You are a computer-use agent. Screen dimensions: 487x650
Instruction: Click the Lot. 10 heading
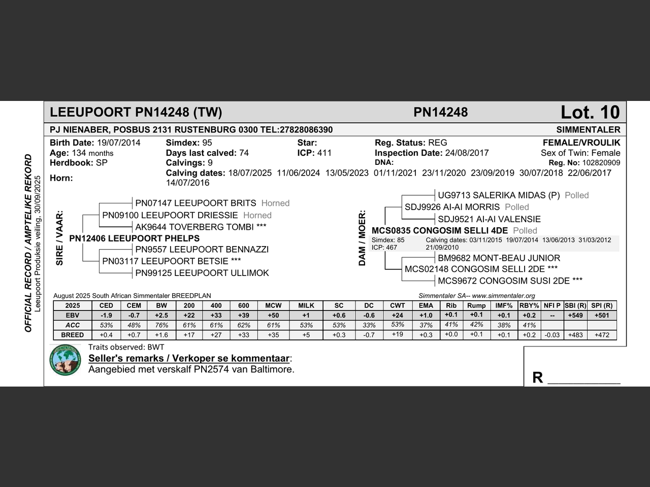pos(590,112)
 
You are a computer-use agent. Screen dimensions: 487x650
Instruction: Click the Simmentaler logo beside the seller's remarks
pos(66,360)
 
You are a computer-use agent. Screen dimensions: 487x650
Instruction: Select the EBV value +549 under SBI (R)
pos(575,316)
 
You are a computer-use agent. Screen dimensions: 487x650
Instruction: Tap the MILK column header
pos(306,306)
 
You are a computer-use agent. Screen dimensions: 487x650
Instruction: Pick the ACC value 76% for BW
pos(161,325)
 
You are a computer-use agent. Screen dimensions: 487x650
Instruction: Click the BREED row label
pos(73,335)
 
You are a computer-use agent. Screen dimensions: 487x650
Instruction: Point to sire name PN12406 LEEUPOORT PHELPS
pos(134,238)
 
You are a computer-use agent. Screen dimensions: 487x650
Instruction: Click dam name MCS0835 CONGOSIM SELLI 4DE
pos(440,231)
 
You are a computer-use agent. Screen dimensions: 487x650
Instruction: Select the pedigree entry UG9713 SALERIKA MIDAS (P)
pos(499,195)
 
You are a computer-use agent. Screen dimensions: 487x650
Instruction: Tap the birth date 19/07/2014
pos(119,143)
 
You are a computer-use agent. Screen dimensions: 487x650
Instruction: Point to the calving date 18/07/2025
pos(250,173)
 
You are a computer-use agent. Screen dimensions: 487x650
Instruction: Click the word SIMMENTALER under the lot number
pos(588,130)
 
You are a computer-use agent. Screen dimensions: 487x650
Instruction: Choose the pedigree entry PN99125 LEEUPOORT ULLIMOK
pos(202,273)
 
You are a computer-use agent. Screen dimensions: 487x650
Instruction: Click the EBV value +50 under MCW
pos(273,316)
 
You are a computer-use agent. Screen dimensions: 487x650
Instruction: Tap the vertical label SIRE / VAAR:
pos(60,238)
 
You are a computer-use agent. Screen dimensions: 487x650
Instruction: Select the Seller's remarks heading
pos(189,358)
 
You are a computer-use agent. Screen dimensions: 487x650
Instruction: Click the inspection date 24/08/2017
pos(467,153)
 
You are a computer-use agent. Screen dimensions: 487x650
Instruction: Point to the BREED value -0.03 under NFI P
pos(552,335)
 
